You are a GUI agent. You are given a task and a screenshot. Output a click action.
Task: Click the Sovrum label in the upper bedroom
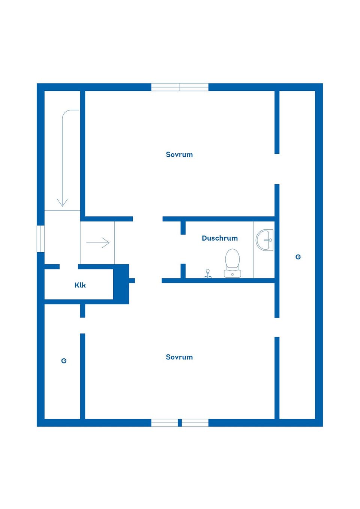click(x=179, y=154)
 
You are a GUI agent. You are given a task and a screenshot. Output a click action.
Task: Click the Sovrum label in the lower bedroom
click(x=179, y=357)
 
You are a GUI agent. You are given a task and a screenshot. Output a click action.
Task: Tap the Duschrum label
click(x=220, y=238)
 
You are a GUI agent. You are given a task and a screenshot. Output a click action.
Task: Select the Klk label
click(x=80, y=285)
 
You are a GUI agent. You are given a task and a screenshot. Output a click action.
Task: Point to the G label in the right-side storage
click(x=298, y=257)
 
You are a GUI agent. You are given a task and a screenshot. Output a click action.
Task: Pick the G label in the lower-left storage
click(x=64, y=361)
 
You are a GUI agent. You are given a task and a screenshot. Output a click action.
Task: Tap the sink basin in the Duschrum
click(x=265, y=240)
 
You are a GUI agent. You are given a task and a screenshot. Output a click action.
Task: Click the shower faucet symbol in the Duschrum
click(x=207, y=274)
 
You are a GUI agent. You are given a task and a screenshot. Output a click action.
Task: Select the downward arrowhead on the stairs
click(x=62, y=202)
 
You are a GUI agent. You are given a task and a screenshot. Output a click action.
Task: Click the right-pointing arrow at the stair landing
click(x=98, y=243)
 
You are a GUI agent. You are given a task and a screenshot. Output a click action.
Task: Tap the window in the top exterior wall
click(x=180, y=87)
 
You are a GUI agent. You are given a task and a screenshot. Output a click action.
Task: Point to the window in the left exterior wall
click(x=40, y=238)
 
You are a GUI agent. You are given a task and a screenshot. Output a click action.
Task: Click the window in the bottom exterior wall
click(x=180, y=423)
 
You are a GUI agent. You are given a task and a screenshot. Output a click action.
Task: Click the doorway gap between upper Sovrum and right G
click(x=277, y=169)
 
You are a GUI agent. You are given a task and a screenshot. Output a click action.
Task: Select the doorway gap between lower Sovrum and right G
click(x=277, y=327)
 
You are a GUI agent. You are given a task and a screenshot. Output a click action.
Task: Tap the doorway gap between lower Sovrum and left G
click(x=82, y=325)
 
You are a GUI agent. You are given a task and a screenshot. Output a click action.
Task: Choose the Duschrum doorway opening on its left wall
click(x=183, y=249)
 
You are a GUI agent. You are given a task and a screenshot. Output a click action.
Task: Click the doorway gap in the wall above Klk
click(x=69, y=267)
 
